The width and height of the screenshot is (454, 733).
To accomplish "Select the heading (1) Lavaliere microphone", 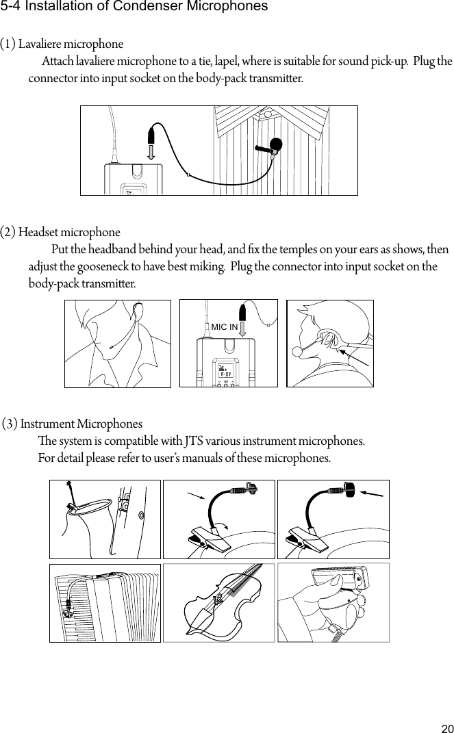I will [x=62, y=44].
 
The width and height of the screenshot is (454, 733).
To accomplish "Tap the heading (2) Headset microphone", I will [x=60, y=232].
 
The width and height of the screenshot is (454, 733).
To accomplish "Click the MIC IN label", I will [x=224, y=327].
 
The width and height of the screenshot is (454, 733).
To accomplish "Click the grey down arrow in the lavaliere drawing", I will [x=151, y=149].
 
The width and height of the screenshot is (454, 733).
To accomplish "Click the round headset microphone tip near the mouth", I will [x=298, y=352].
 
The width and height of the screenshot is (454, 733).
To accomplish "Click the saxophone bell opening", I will [x=89, y=506].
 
